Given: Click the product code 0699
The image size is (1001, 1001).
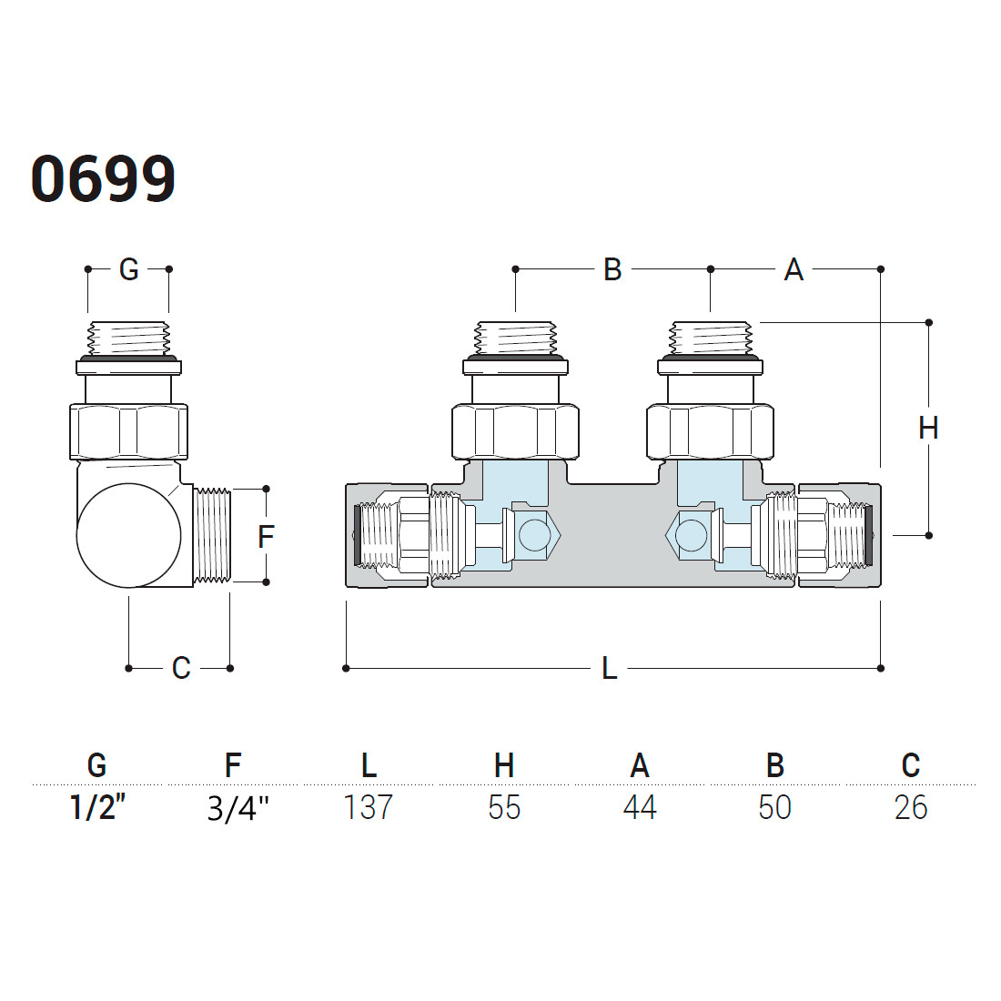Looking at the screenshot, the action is point(103,179).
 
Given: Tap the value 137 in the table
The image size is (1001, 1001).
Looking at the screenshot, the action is point(368,807).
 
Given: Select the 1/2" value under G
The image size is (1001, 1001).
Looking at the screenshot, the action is point(97,807).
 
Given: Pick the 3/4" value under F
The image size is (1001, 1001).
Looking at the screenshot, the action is point(238,809).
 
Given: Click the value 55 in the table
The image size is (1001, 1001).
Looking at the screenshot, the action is point(504,807).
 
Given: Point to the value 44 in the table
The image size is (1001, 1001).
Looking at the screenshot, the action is point(640,807).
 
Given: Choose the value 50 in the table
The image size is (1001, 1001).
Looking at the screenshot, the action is point(775,807).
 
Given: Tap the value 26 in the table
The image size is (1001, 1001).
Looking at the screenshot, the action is point(911,807).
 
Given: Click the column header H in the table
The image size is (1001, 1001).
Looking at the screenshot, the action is point(504,764).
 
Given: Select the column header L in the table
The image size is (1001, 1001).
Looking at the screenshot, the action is point(369,764).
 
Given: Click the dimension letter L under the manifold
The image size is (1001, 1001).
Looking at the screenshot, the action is point(610,669).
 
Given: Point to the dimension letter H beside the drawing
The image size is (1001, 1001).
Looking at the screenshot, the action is point(928,428).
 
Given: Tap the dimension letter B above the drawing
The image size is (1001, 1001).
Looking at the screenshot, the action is point(612,269).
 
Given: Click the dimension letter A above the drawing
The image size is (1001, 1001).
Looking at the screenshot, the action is point(794,269).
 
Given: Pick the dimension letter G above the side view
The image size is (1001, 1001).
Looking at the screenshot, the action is point(129,269).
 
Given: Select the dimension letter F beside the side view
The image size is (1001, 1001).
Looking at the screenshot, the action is point(266,536).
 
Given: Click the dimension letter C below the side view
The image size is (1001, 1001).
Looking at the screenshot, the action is point(181,669).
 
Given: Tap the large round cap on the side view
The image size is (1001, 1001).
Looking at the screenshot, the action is point(129,535).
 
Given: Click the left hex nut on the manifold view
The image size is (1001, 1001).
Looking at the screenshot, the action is point(515,431).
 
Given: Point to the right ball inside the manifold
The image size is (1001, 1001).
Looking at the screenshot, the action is point(691,535).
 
